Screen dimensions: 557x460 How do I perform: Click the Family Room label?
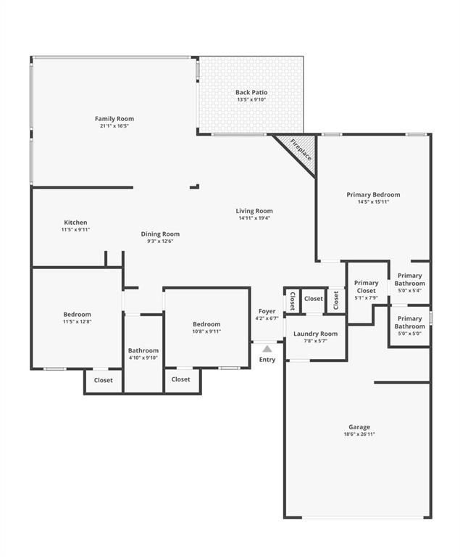pyautogui.click(x=114, y=119)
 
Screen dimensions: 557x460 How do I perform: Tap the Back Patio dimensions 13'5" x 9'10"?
pyautogui.click(x=251, y=99)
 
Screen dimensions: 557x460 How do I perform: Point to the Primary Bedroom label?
pyautogui.click(x=373, y=194)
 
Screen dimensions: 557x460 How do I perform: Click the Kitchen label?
pyautogui.click(x=75, y=223)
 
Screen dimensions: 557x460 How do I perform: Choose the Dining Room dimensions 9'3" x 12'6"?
pyautogui.click(x=160, y=241)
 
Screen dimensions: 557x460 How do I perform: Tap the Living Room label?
pyautogui.click(x=254, y=211)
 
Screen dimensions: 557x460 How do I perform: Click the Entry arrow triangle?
pyautogui.click(x=267, y=349)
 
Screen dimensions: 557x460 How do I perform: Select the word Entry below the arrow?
pyautogui.click(x=267, y=360)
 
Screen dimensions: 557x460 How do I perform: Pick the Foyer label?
pyautogui.click(x=267, y=311)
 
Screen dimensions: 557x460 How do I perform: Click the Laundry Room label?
pyautogui.click(x=316, y=334)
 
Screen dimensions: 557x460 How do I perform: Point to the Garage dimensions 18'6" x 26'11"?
pyautogui.click(x=359, y=434)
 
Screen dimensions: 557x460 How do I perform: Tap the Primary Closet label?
pyautogui.click(x=367, y=286)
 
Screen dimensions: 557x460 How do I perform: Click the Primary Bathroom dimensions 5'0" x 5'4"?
pyautogui.click(x=410, y=291)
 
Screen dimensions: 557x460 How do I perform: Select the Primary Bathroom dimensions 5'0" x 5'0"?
pyautogui.click(x=410, y=334)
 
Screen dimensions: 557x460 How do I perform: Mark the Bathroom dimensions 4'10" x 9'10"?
pyautogui.click(x=143, y=358)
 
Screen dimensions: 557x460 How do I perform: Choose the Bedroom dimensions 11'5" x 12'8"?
pyautogui.click(x=77, y=321)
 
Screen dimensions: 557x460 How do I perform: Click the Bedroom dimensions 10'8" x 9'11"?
pyautogui.click(x=206, y=331)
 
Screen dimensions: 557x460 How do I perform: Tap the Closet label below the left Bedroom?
pyautogui.click(x=104, y=380)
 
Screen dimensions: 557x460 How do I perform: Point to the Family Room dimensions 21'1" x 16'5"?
pyautogui.click(x=114, y=126)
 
